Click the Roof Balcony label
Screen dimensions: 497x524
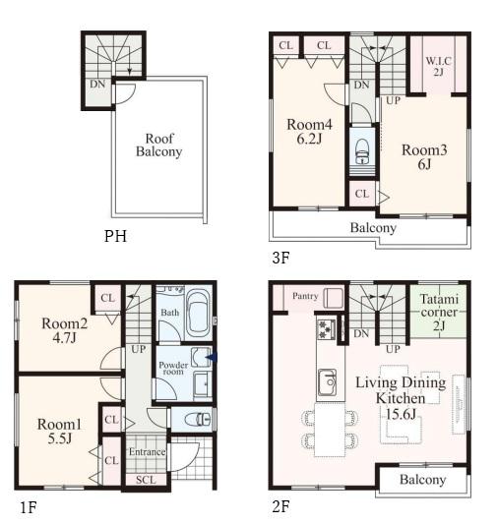[x=158, y=146]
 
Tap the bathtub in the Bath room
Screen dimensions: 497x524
[x=198, y=314]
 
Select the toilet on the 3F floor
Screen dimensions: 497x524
[x=361, y=151]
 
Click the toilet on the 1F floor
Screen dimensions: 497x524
[x=197, y=419]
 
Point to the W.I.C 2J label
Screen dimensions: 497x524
[x=438, y=66]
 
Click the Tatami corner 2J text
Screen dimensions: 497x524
[x=439, y=312]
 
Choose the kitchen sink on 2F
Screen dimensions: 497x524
[x=328, y=382]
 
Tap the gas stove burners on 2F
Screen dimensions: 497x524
[x=326, y=329]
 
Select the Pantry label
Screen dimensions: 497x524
[x=305, y=296]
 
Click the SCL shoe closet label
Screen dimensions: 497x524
[x=146, y=480]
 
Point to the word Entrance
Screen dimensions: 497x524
[x=148, y=452]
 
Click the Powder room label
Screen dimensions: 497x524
[x=173, y=368]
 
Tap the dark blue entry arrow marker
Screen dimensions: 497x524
[x=212, y=358]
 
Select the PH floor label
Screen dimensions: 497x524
[x=115, y=236]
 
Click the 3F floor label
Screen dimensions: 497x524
[x=280, y=258]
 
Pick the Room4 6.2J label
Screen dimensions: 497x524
[x=309, y=132]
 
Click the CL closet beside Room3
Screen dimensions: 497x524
[x=362, y=194]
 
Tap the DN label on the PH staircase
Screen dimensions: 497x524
[x=97, y=84]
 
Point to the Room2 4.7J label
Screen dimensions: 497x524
[x=65, y=330]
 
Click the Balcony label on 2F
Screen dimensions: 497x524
[x=423, y=480]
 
